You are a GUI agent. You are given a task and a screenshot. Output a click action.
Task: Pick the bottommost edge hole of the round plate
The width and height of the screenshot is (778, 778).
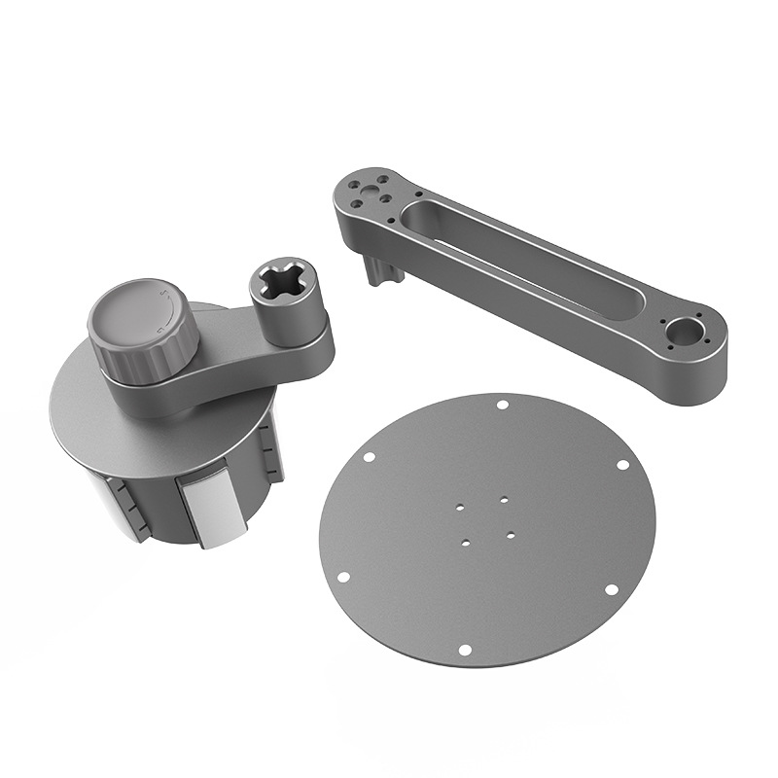tap(465, 649)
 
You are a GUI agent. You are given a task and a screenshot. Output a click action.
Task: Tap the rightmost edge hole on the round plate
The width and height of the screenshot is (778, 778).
tap(622, 465)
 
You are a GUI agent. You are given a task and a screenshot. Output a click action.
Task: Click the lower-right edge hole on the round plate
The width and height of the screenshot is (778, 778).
tap(611, 589)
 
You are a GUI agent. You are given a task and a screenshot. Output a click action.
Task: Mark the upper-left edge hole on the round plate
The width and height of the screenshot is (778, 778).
tap(369, 457)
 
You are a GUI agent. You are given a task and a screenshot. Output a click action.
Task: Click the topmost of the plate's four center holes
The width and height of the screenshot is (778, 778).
tap(505, 500)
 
